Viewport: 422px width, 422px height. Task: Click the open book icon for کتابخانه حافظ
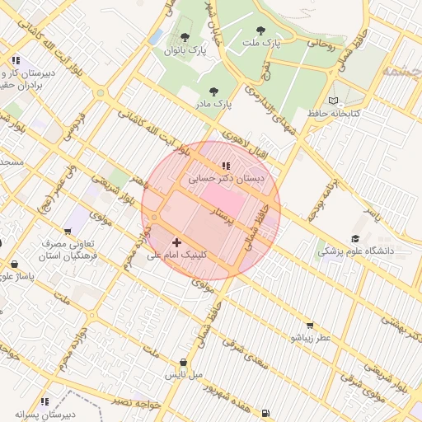click(333, 100)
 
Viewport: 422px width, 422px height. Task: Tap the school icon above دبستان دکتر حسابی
click(226, 166)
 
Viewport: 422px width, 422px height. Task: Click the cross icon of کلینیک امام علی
click(177, 242)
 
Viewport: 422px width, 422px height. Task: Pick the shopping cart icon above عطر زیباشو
click(310, 326)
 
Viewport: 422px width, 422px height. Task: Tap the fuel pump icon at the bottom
click(264, 413)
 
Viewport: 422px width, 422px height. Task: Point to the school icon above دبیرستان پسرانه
click(44, 401)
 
